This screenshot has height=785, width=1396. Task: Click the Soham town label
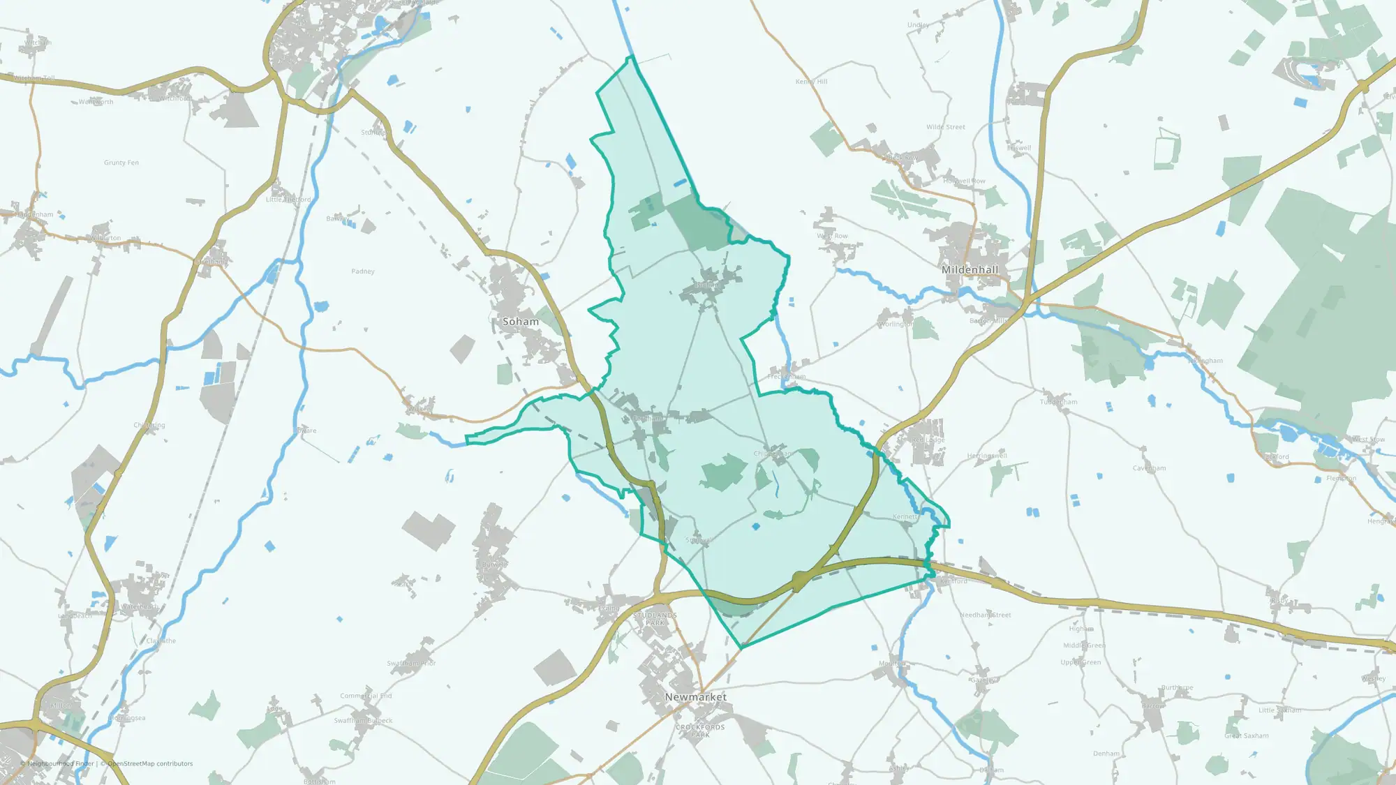[521, 322]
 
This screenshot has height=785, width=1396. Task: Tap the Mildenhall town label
[970, 270]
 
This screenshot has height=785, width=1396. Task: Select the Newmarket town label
[695, 697]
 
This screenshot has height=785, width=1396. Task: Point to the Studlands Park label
[655, 619]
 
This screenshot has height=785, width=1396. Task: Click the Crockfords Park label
[700, 731]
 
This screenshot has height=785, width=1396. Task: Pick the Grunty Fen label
[121, 163]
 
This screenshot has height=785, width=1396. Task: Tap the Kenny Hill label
[811, 82]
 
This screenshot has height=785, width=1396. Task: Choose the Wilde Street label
[946, 127]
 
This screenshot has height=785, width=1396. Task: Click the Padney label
[363, 271]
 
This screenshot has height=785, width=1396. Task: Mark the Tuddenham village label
[1058, 402]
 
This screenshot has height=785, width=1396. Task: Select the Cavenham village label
[1149, 468]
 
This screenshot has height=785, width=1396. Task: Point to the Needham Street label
[985, 615]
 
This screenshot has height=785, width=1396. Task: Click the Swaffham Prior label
[411, 663]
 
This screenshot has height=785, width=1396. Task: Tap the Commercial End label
[366, 696]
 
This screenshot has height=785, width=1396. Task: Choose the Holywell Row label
[964, 181]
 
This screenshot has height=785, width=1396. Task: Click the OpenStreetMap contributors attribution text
[149, 763]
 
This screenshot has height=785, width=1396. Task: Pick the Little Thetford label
[288, 200]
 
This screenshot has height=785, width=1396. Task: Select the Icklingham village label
[1205, 361]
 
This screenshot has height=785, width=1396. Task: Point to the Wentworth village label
[96, 102]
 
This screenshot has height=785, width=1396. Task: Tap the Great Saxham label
[1246, 735]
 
